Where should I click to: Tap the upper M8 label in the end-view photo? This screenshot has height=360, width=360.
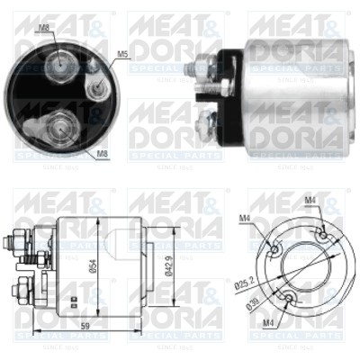pos(44,28)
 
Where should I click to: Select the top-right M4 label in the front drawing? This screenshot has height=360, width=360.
pos(310,200)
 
